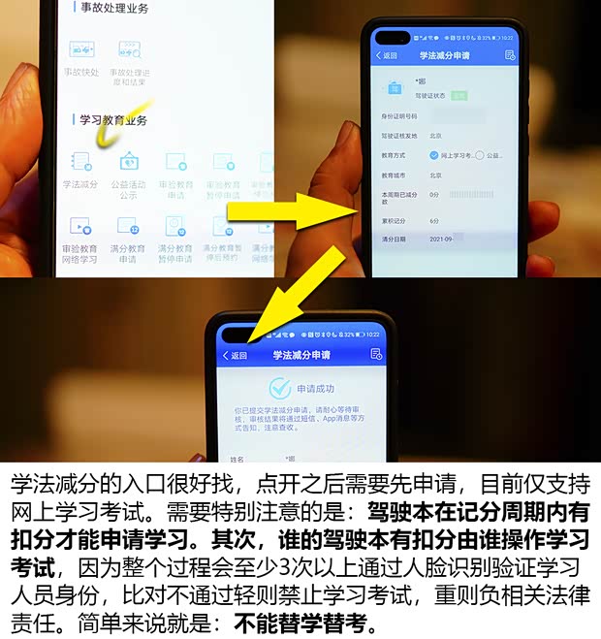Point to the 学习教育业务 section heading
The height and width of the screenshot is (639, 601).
113,120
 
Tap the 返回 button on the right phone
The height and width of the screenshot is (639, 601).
387,55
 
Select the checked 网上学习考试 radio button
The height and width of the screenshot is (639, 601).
433,155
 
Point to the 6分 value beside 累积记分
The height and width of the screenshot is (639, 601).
434,220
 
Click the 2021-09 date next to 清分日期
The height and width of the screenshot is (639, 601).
444,238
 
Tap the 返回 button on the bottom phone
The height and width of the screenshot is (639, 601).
236,356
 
